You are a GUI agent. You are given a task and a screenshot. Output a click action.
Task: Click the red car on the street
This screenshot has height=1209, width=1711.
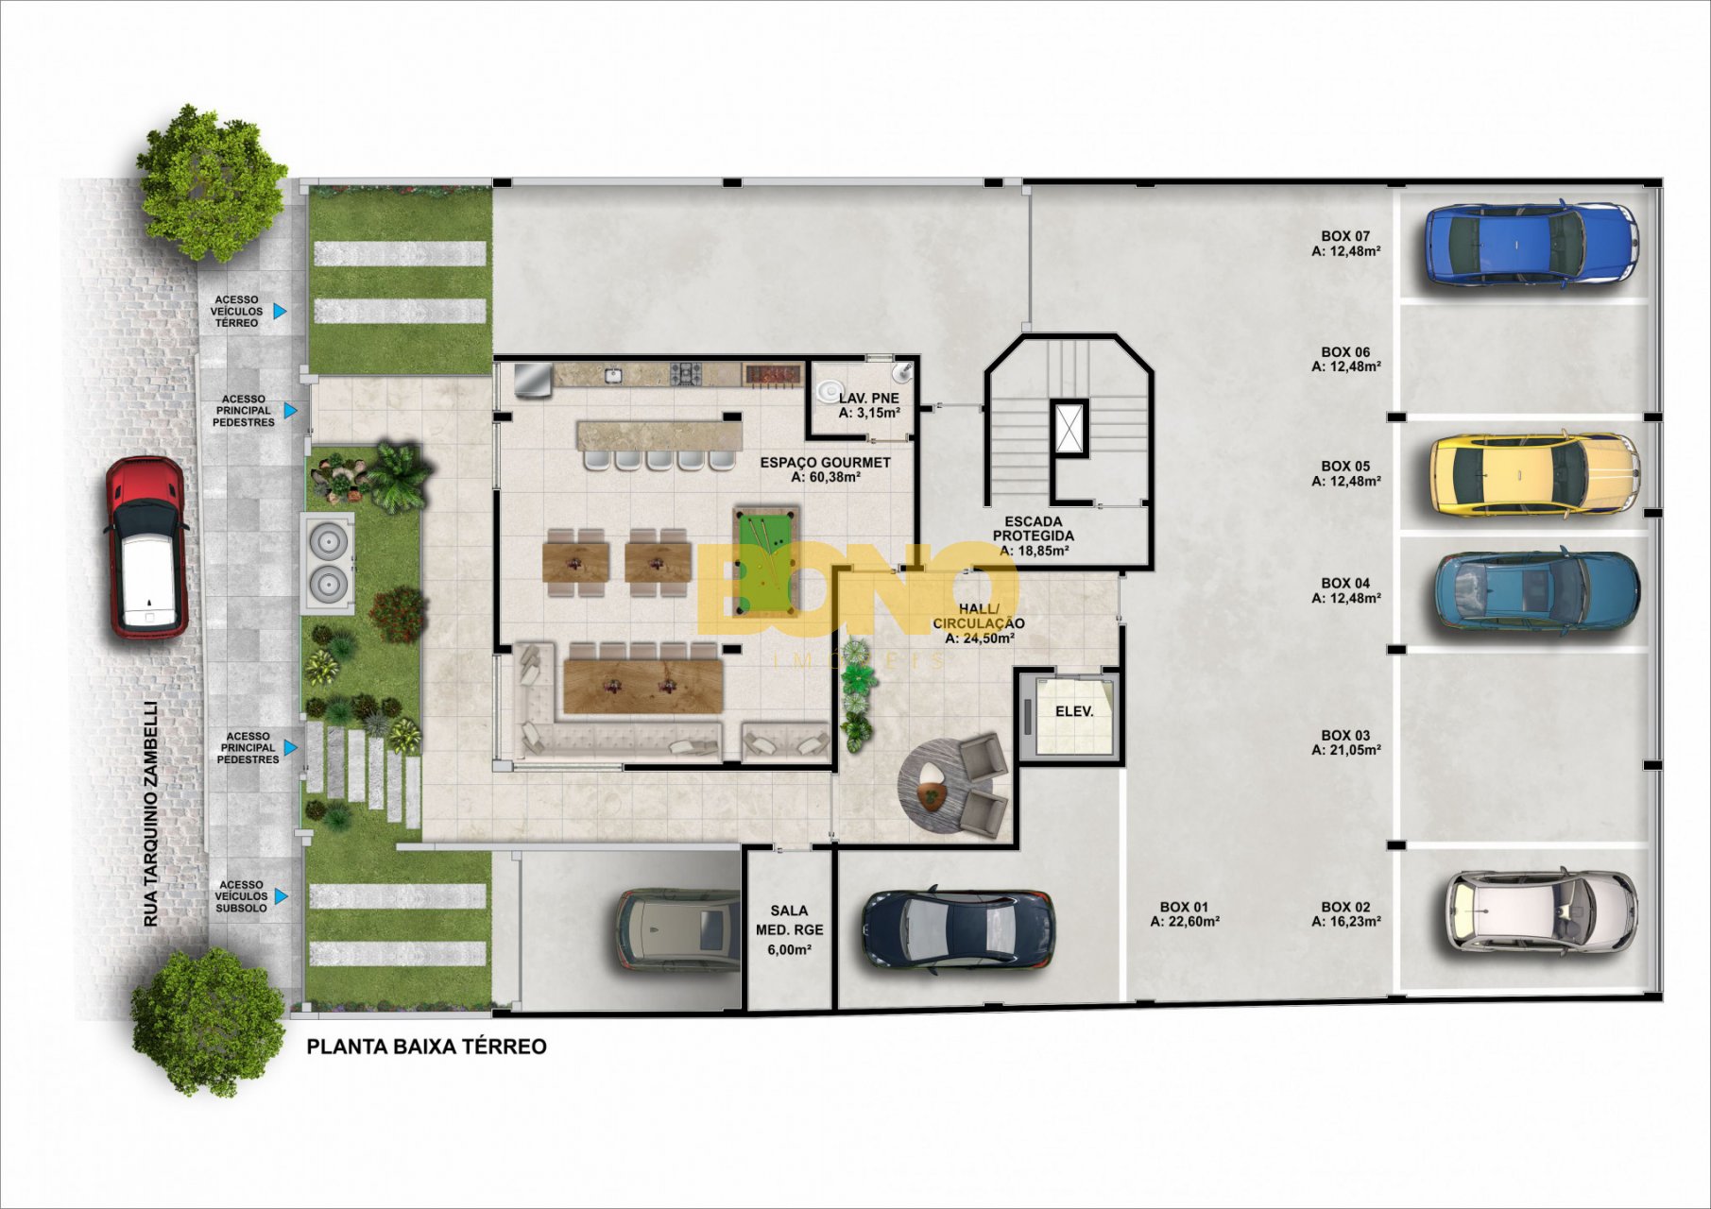tap(145, 548)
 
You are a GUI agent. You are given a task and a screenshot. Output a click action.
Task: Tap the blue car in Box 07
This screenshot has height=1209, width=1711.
tap(1531, 244)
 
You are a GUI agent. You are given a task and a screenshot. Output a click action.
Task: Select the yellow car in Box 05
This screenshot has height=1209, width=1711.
tap(1534, 474)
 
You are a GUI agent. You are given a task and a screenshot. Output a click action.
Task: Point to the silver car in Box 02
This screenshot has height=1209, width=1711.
tap(1541, 911)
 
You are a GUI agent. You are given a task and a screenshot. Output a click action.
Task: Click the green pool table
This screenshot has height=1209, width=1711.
tap(766, 559)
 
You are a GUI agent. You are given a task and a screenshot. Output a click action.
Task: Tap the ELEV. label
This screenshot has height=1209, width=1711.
tap(1074, 711)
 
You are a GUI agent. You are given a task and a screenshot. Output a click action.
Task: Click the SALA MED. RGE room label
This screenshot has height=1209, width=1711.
tap(789, 930)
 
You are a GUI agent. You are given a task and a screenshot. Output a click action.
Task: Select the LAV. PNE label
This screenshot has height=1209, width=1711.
tap(868, 399)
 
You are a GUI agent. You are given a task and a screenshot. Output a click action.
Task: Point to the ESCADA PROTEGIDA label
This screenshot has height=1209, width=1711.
tap(1034, 528)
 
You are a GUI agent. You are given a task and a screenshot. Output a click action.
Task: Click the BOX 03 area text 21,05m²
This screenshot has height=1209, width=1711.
tap(1346, 750)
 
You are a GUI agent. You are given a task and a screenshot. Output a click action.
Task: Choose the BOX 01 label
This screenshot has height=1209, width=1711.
tap(1185, 907)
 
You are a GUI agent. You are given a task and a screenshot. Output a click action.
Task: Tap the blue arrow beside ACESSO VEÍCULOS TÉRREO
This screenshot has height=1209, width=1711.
tap(280, 311)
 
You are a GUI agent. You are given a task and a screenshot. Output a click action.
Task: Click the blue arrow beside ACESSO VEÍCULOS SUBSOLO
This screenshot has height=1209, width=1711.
tap(281, 896)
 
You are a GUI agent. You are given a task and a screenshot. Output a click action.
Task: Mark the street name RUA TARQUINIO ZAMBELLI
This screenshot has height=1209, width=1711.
tap(151, 813)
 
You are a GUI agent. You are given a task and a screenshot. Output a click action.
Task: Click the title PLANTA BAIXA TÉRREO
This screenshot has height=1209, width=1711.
tap(427, 1047)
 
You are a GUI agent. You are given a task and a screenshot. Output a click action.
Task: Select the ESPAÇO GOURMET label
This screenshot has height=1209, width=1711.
tap(826, 463)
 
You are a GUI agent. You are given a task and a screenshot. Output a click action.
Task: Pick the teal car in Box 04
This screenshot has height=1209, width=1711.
tap(1537, 590)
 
